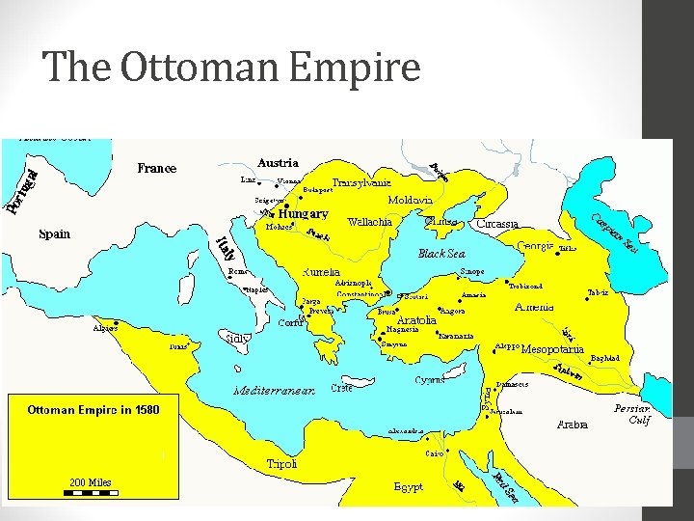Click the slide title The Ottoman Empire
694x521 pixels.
(x=231, y=68)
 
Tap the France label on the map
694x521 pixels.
(x=156, y=169)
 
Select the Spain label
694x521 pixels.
(x=54, y=234)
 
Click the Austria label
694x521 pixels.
(x=278, y=163)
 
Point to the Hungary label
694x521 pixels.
(x=303, y=214)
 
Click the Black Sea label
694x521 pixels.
(x=441, y=254)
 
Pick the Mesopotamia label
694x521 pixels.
(x=552, y=348)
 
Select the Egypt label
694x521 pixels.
(x=408, y=487)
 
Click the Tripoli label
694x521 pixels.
(x=281, y=464)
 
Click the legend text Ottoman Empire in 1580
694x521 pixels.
(x=93, y=410)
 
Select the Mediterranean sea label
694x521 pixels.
(x=273, y=391)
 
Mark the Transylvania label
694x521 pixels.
(x=361, y=181)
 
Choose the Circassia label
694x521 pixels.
(x=497, y=224)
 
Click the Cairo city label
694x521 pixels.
(x=434, y=452)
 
